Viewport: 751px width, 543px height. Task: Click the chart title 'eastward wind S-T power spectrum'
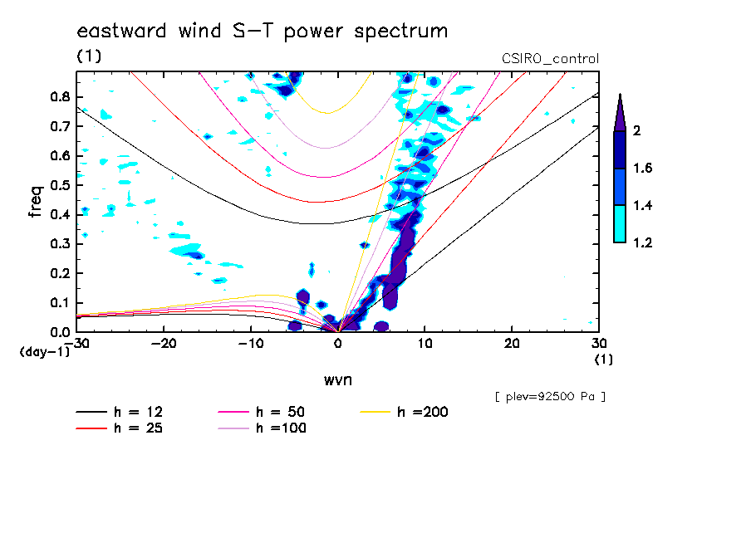(262, 32)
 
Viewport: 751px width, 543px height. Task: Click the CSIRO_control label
(550, 59)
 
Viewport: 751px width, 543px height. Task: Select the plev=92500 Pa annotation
(550, 397)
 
